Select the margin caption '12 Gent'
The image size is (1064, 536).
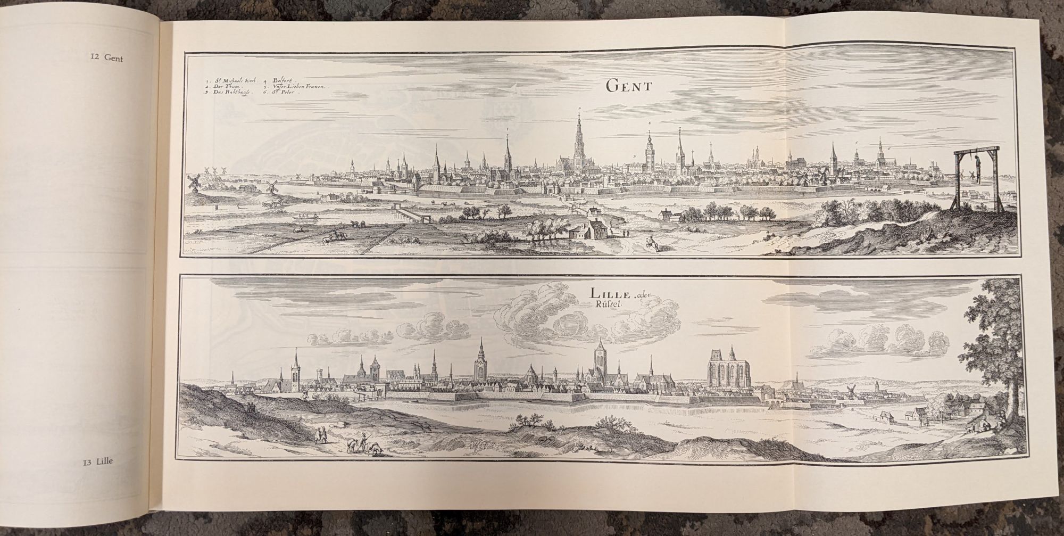tap(106, 59)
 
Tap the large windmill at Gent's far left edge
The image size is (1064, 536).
tap(195, 182)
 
